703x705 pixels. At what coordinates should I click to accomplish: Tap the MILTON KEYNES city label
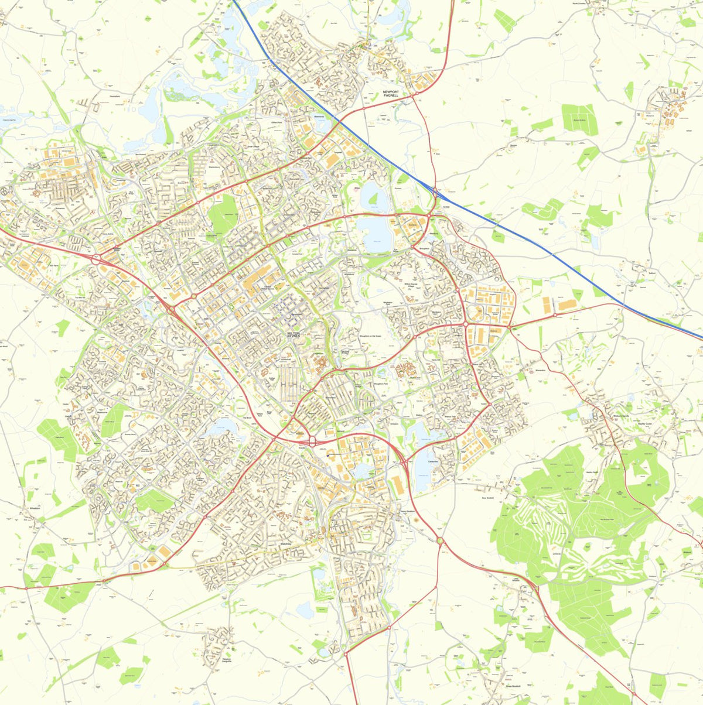(293, 335)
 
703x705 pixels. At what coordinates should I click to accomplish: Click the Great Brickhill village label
(513, 686)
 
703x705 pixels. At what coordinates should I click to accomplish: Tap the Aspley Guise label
(644, 423)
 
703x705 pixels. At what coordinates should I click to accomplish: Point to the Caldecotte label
(434, 461)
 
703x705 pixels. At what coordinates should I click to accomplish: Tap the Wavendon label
(540, 371)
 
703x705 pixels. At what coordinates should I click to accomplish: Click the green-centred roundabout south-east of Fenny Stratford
(440, 540)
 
